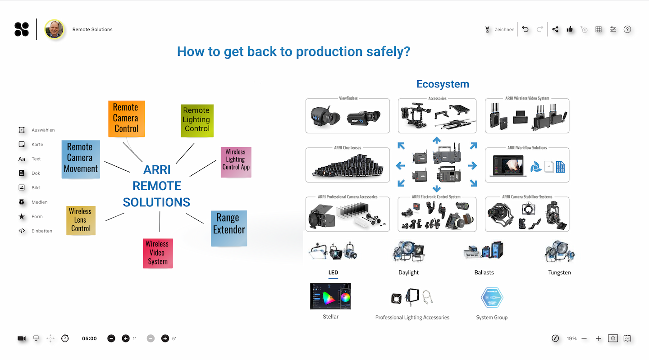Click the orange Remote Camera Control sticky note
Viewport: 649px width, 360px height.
tap(126, 118)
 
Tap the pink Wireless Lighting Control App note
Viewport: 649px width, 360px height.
tap(236, 161)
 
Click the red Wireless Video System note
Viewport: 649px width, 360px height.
tap(157, 253)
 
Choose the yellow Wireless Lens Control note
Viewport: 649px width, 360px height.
tap(80, 220)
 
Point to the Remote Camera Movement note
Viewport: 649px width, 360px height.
tap(81, 159)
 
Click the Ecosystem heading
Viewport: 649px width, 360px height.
tap(443, 84)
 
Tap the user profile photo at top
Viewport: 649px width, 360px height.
tap(54, 29)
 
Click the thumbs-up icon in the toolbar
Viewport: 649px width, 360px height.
tap(570, 29)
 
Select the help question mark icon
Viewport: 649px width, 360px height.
tap(627, 29)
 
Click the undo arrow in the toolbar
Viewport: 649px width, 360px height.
tap(526, 29)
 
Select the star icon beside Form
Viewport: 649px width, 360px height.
tap(22, 216)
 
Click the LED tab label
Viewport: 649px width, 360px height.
tap(333, 273)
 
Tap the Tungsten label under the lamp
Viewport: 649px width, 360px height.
tap(559, 273)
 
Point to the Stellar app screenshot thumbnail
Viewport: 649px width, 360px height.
tap(330, 296)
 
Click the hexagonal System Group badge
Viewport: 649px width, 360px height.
tap(492, 298)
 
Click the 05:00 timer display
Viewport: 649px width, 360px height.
tap(89, 338)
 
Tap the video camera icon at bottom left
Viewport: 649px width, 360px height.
tap(21, 338)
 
